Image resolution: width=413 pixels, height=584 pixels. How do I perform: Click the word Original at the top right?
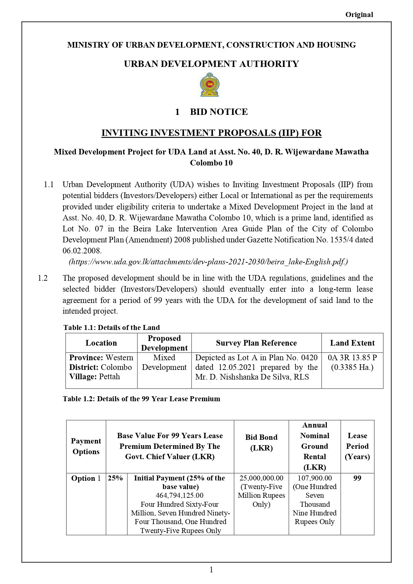359,14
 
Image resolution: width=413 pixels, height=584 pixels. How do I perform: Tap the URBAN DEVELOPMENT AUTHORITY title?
211,64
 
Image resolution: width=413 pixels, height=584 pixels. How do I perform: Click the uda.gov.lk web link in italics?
208,262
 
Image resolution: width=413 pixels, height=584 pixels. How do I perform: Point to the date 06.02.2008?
82,251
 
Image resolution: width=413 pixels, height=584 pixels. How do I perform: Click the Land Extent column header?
352,343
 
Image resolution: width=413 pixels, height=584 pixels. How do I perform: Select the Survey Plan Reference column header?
256,343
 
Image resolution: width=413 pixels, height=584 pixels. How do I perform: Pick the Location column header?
101,343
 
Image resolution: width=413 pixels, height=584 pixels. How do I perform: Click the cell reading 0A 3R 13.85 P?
352,358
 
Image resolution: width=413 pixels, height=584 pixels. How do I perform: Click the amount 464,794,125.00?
179,495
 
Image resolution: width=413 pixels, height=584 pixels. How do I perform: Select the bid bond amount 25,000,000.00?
261,478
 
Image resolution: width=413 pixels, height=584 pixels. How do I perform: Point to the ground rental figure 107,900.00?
314,478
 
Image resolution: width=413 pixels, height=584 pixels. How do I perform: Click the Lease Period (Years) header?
357,446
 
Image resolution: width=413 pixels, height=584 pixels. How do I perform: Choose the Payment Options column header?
86,446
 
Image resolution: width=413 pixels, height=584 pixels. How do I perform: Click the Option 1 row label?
86,478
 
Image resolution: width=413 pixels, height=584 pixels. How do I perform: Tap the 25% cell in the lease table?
115,478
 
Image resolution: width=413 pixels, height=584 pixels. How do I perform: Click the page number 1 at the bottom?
211,570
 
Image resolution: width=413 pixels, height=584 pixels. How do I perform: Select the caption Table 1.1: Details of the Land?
111,327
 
